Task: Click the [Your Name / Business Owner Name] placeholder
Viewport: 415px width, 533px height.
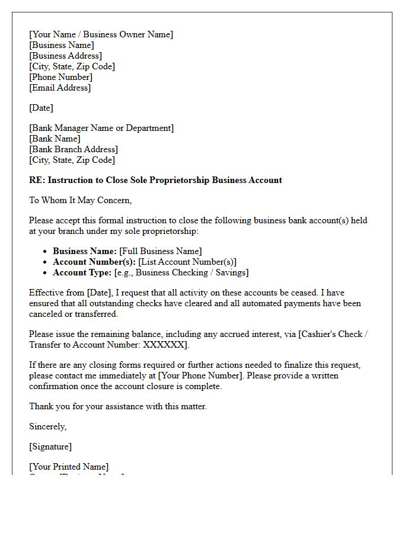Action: (x=101, y=34)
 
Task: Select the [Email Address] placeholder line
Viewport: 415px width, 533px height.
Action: (x=60, y=88)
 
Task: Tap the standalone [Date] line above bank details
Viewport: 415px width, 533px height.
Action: (x=41, y=108)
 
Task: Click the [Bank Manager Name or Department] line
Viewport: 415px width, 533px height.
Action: (x=101, y=128)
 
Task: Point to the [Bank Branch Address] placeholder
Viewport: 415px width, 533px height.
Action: (x=74, y=149)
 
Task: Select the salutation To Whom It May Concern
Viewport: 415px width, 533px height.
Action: (x=80, y=200)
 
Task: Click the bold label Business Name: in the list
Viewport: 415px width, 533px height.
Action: (x=85, y=251)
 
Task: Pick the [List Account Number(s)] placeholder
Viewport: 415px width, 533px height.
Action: (x=187, y=262)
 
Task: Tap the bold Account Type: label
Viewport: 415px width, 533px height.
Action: (x=82, y=272)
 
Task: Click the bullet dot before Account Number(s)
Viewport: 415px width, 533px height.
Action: (x=45, y=262)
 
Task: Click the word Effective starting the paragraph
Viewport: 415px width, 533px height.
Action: (x=47, y=293)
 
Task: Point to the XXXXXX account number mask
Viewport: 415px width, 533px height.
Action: (x=164, y=345)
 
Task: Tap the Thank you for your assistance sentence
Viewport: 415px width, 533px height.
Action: (x=118, y=406)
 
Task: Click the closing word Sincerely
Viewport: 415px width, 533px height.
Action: (x=47, y=426)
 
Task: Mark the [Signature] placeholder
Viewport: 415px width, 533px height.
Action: (x=50, y=447)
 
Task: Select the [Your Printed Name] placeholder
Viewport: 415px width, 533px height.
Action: (x=69, y=467)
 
